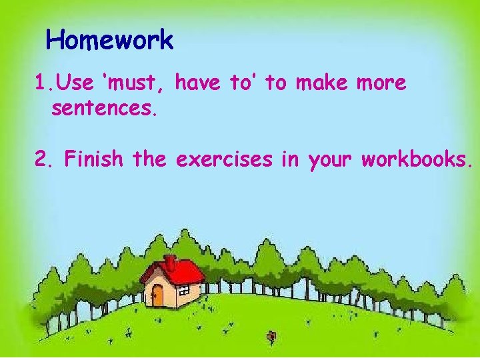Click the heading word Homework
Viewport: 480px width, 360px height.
(110, 41)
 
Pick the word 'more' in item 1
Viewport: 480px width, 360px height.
(381, 83)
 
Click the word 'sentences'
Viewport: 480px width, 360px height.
(104, 109)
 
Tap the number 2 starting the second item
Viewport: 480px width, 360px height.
(42, 160)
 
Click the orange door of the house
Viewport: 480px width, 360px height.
(157, 295)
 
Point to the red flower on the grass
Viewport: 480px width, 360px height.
(271, 336)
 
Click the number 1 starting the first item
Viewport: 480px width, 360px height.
(41, 84)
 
